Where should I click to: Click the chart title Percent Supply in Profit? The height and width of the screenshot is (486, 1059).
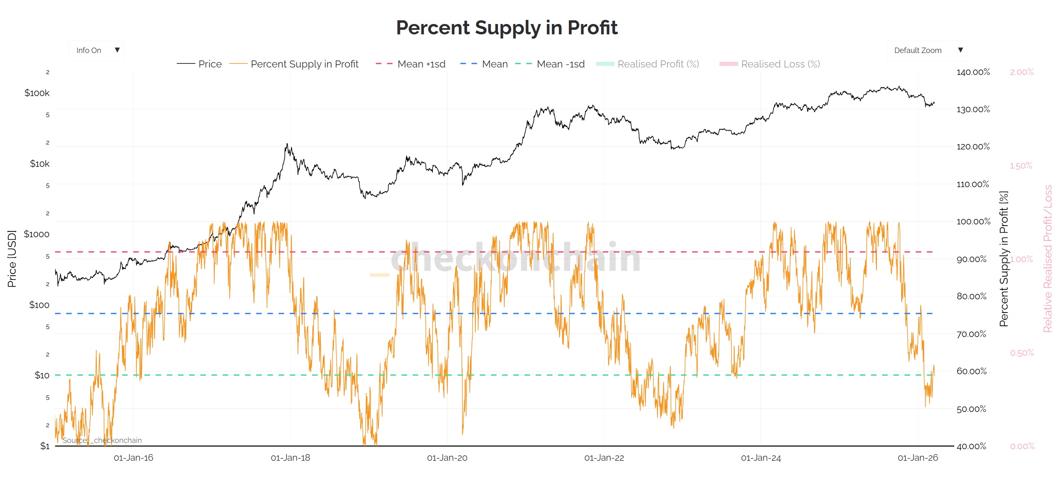point(506,28)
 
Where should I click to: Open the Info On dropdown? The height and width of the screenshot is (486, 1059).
point(96,51)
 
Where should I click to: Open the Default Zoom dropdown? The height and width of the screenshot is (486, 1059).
point(927,51)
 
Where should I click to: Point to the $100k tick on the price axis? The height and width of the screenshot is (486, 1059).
point(37,93)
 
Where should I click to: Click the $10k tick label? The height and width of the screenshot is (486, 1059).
point(39,164)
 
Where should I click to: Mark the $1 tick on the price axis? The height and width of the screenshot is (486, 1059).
point(45,446)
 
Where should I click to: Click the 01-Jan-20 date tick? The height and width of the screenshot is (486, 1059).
point(447,458)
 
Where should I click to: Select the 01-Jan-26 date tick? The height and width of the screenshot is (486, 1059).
point(918,458)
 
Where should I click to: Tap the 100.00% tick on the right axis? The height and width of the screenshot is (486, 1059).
point(973,222)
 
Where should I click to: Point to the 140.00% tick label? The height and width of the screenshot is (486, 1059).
point(973,72)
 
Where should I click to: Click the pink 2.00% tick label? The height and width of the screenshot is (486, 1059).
point(1021,72)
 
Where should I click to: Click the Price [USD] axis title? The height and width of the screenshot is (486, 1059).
point(12,259)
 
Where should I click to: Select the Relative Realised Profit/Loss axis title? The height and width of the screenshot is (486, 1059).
point(1047,259)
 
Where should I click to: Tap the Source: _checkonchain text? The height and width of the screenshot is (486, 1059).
point(102,440)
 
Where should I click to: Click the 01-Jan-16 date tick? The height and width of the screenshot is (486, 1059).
point(133,458)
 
